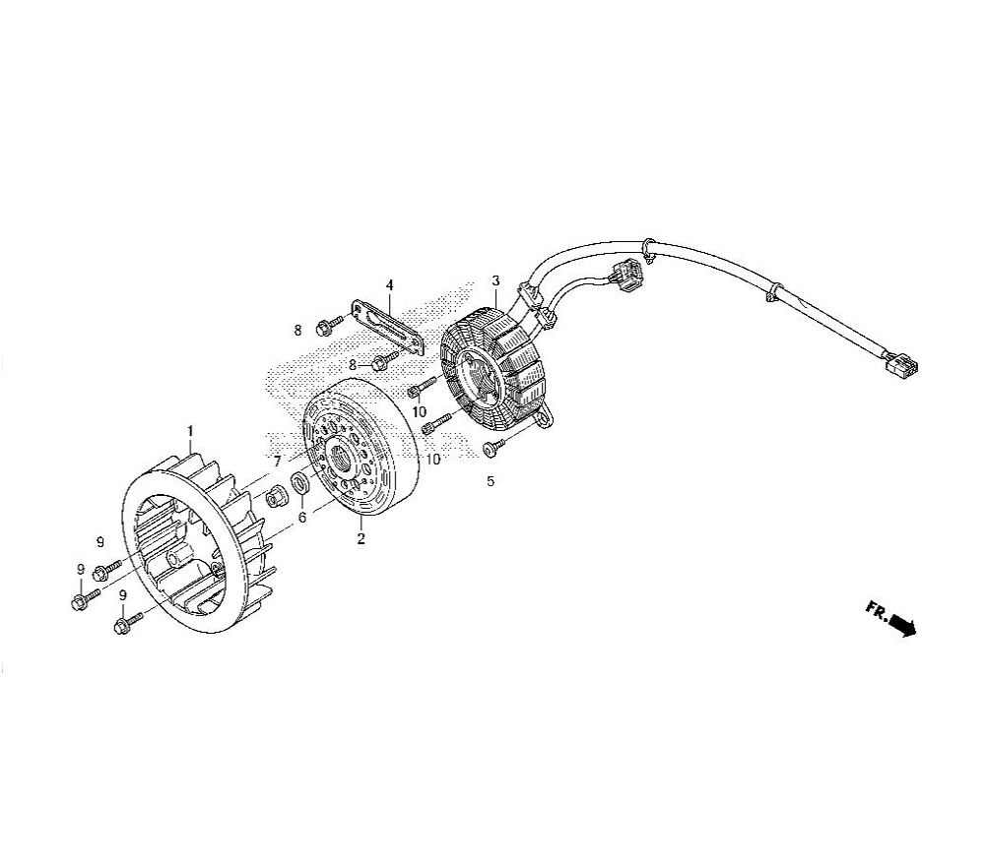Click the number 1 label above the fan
(x=190, y=431)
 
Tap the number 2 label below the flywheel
(x=361, y=538)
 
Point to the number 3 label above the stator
(x=495, y=280)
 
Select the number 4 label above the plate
(x=389, y=285)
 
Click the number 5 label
(x=491, y=481)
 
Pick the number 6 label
(x=302, y=518)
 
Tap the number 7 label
(x=277, y=462)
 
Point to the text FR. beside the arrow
(x=877, y=610)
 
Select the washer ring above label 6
(x=299, y=484)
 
